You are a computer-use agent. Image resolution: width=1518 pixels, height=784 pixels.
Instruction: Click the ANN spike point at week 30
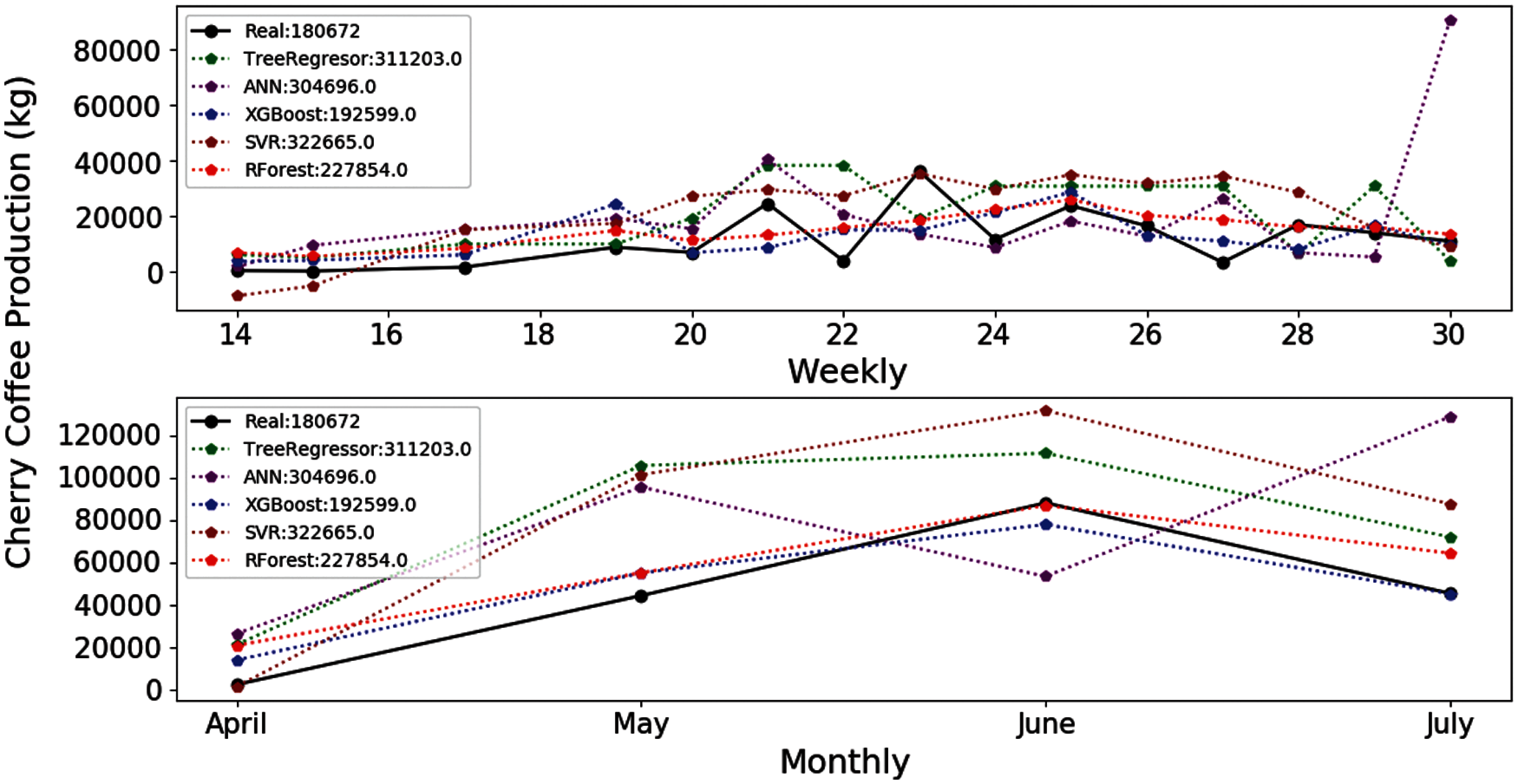(x=1450, y=21)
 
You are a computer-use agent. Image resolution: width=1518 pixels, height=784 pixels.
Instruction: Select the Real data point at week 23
(x=920, y=171)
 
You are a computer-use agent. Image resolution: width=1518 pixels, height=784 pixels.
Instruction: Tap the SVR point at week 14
(x=238, y=296)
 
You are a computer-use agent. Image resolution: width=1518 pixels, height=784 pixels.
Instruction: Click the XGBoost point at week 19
(x=616, y=205)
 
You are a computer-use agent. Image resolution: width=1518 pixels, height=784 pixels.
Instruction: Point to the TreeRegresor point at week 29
(x=1375, y=186)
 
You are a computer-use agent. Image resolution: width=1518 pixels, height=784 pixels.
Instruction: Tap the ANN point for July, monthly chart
(x=1450, y=418)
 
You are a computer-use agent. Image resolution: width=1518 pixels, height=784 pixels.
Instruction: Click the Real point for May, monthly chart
(x=641, y=596)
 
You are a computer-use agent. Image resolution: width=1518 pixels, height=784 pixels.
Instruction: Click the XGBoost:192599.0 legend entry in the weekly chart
(x=330, y=114)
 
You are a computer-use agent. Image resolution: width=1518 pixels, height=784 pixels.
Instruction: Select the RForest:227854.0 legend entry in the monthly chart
(x=326, y=560)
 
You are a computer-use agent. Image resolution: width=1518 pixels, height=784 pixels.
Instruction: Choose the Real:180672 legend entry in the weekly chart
(x=302, y=31)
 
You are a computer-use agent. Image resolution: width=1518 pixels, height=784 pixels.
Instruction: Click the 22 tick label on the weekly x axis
(x=843, y=335)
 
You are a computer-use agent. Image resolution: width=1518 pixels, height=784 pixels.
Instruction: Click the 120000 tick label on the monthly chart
(x=109, y=436)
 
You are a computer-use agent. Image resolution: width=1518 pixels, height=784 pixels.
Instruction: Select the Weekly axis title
(x=847, y=371)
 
